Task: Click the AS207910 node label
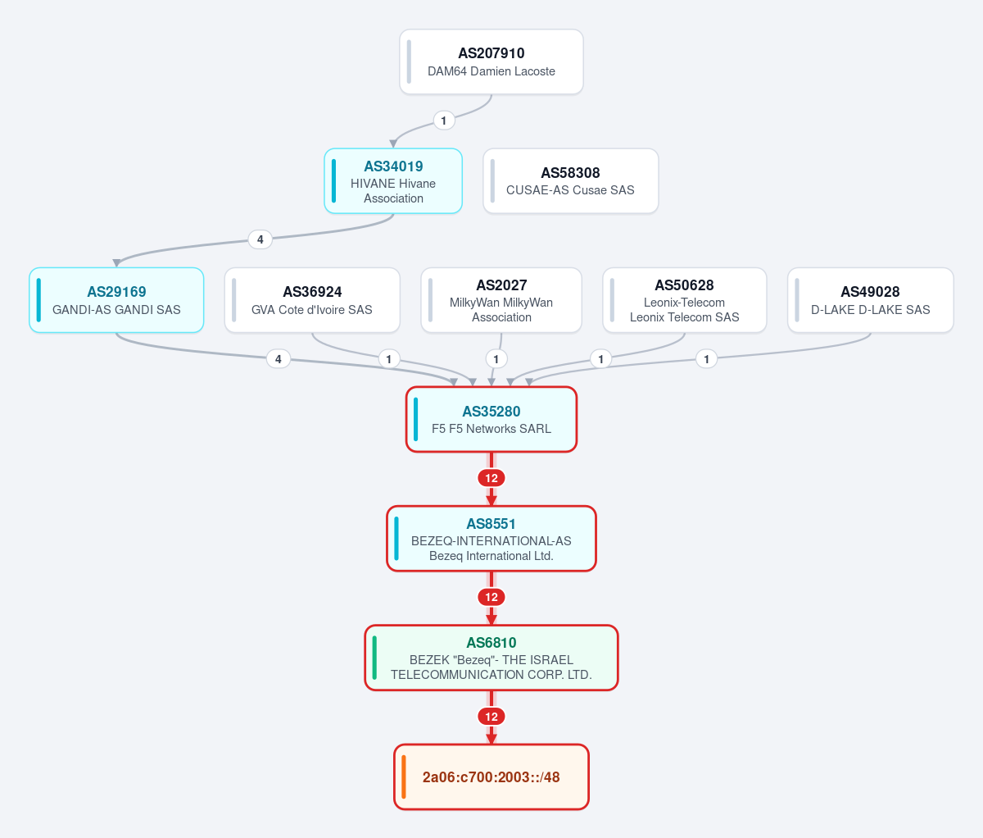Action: pyautogui.click(x=491, y=52)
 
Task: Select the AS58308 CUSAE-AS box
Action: pyautogui.click(x=571, y=181)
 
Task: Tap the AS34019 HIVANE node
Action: pyautogui.click(x=393, y=181)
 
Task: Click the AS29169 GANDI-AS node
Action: pyautogui.click(x=116, y=300)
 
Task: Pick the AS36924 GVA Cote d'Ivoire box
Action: pyautogui.click(x=312, y=300)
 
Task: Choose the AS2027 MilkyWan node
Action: pyautogui.click(x=501, y=300)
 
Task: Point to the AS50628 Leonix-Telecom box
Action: pyautogui.click(x=684, y=300)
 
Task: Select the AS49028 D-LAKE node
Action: pyautogui.click(x=870, y=300)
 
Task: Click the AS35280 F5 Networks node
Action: pyautogui.click(x=491, y=419)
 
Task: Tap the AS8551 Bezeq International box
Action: pyautogui.click(x=491, y=539)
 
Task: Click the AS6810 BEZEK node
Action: pyautogui.click(x=491, y=658)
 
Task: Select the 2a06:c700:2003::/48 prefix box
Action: pyautogui.click(x=491, y=777)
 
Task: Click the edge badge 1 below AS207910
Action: pyautogui.click(x=444, y=121)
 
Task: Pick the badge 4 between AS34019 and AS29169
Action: pyautogui.click(x=260, y=239)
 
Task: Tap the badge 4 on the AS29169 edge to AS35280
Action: pyautogui.click(x=279, y=359)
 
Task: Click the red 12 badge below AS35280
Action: pyautogui.click(x=491, y=478)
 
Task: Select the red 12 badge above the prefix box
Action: pyautogui.click(x=491, y=717)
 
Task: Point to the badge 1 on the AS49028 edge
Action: pyautogui.click(x=706, y=359)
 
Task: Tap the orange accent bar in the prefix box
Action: pyautogui.click(x=404, y=777)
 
